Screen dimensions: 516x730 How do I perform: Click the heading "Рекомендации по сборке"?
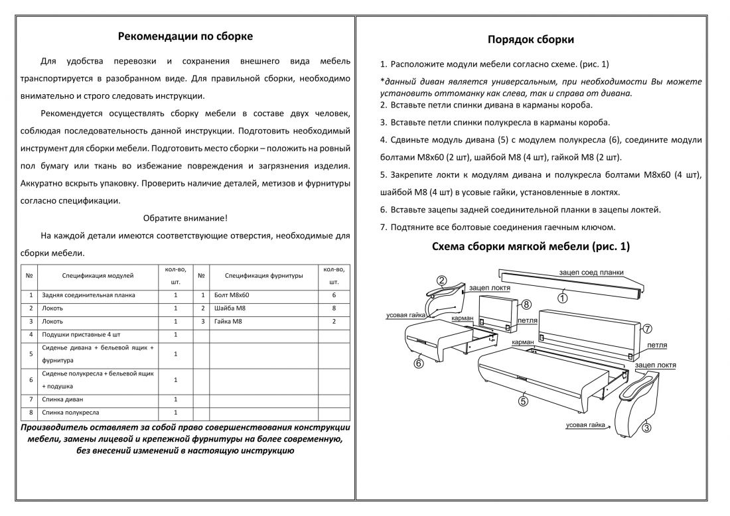tap(184, 36)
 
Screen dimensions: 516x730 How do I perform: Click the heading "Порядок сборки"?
tap(531, 40)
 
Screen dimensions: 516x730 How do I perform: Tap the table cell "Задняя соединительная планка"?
tap(88, 294)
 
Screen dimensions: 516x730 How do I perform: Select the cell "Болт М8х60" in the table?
tap(232, 294)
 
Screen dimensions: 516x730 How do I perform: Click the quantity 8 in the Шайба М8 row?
tap(334, 308)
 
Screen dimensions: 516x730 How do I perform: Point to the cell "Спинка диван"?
tap(62, 399)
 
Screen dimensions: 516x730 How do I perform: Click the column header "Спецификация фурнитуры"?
tap(263, 275)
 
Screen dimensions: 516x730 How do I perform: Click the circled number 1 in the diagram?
tap(562, 298)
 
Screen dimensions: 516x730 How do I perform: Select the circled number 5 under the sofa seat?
tap(523, 400)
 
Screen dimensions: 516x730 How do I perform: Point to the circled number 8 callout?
tap(526, 305)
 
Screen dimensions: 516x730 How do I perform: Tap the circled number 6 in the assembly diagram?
tap(419, 363)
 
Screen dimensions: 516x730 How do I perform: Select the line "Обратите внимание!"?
tap(185, 218)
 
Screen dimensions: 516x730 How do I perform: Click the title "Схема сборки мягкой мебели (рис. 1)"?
tap(531, 247)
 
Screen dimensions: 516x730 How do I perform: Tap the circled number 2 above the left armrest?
tap(441, 281)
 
